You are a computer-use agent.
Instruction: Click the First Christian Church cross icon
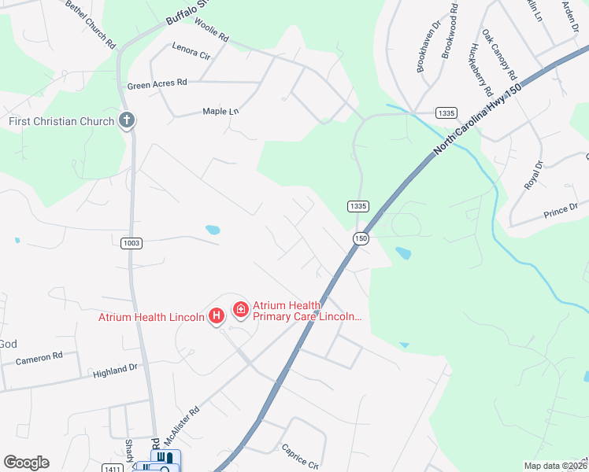click(126, 121)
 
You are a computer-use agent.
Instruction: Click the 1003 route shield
click(132, 244)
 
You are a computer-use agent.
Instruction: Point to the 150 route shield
click(361, 238)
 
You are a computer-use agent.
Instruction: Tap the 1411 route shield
click(111, 469)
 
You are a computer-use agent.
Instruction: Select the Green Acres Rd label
click(157, 83)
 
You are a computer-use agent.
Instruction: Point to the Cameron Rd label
click(39, 357)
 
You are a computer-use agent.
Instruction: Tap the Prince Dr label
click(561, 212)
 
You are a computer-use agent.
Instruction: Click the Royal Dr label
click(535, 175)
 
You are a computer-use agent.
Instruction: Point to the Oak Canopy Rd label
click(499, 56)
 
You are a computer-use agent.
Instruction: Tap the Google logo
click(26, 463)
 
